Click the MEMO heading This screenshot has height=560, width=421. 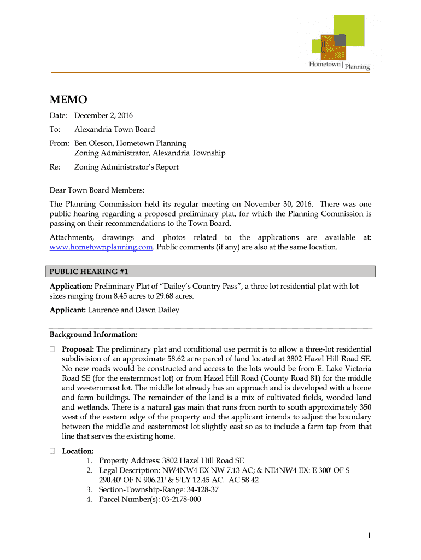click(x=68, y=100)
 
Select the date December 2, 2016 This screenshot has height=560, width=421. click(x=103, y=115)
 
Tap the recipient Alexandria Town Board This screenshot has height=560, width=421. click(x=114, y=130)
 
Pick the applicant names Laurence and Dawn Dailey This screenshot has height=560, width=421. click(x=133, y=310)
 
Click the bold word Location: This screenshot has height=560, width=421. click(x=78, y=451)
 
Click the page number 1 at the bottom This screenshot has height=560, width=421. click(x=370, y=536)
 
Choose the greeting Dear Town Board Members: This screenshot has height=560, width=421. click(x=97, y=190)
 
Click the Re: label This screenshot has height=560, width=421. click(x=55, y=167)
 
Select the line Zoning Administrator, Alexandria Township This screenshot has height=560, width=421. click(x=149, y=153)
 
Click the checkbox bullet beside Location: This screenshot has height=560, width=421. click(x=52, y=451)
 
